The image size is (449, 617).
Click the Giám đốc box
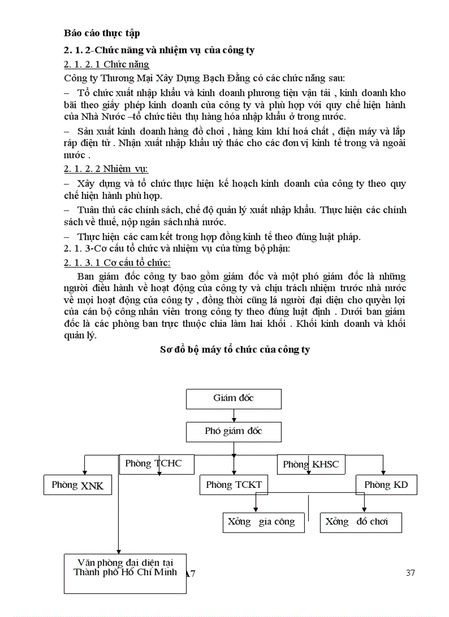(x=233, y=398)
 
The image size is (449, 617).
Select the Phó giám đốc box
(x=233, y=431)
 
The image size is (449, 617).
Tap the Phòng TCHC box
(x=153, y=464)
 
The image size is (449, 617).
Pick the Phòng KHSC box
(x=311, y=465)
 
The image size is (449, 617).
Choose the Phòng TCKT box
(x=234, y=485)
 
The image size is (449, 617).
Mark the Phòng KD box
(x=386, y=485)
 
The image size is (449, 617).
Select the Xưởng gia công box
(x=262, y=522)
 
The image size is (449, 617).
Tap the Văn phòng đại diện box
(x=125, y=574)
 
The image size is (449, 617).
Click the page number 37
(x=410, y=573)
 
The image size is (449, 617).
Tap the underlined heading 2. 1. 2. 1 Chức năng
(x=106, y=65)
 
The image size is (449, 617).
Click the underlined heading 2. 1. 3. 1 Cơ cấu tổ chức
(x=117, y=262)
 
